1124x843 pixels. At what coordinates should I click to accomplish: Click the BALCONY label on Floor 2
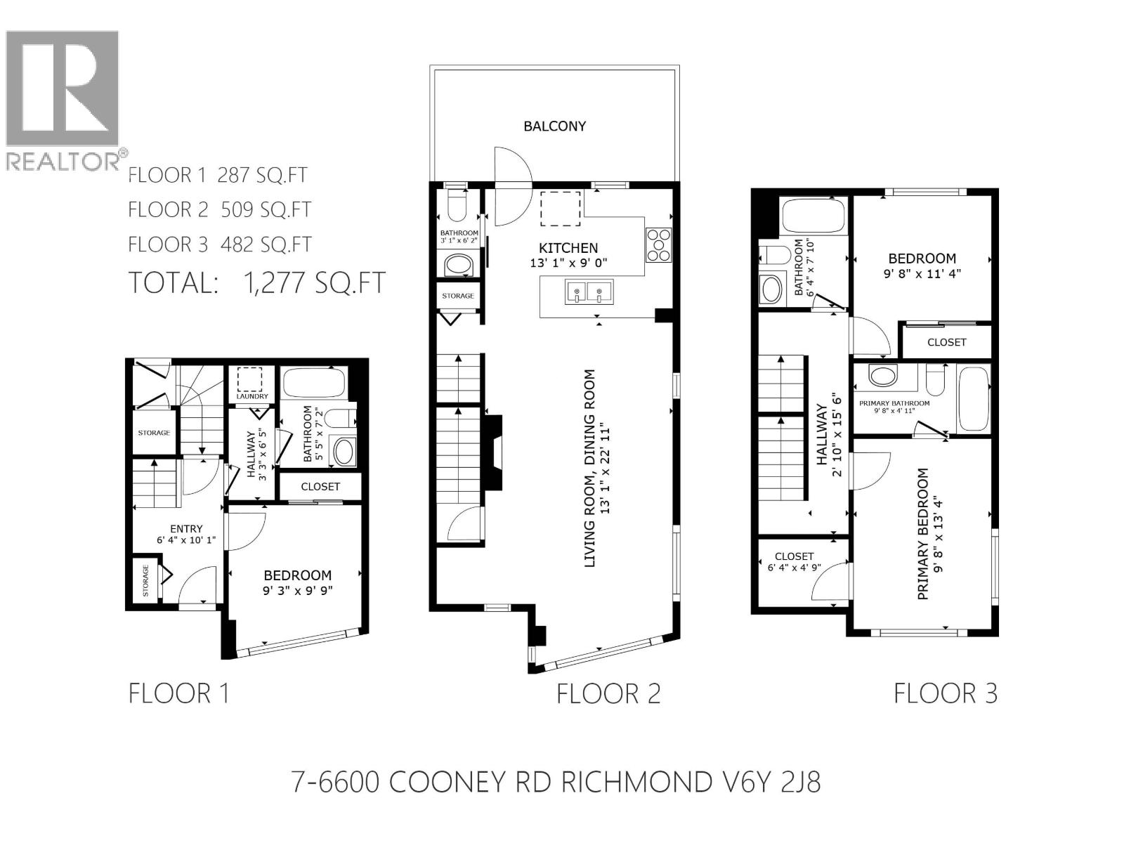click(554, 126)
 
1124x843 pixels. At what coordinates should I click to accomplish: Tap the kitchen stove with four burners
click(658, 244)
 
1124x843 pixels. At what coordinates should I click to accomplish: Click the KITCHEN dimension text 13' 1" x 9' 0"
click(568, 263)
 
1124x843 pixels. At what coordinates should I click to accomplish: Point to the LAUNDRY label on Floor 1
click(252, 396)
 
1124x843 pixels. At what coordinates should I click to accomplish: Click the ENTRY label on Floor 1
click(186, 529)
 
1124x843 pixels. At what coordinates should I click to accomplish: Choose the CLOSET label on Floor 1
click(320, 486)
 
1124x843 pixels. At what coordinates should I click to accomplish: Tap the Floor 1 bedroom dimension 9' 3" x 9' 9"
click(297, 591)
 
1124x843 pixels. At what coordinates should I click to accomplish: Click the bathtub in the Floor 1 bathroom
click(313, 384)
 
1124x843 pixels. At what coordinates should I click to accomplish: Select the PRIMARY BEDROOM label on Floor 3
click(923, 534)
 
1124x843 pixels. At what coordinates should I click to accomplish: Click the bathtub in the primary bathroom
click(974, 398)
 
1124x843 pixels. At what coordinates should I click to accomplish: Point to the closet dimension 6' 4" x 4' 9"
click(794, 568)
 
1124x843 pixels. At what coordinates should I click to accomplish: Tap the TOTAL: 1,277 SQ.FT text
click(257, 282)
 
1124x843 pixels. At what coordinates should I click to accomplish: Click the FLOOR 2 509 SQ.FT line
click(219, 209)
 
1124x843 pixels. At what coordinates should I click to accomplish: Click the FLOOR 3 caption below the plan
click(945, 694)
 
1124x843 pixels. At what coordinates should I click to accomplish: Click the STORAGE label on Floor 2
click(458, 296)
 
